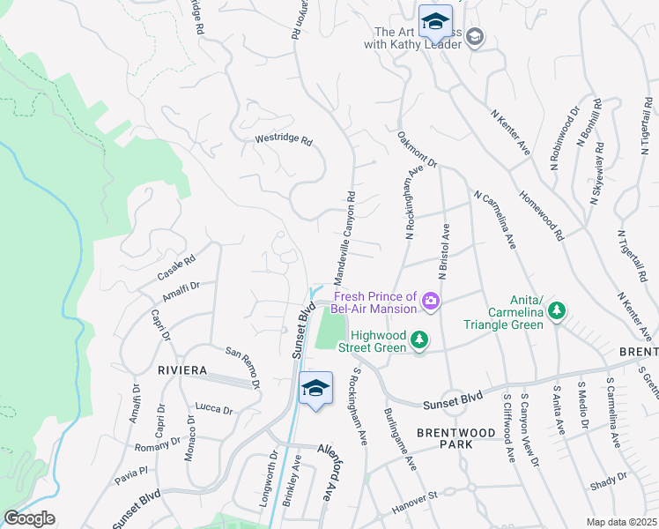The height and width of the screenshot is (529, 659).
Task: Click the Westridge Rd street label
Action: tap(283, 140)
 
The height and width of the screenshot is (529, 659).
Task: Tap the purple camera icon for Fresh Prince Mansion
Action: tap(430, 302)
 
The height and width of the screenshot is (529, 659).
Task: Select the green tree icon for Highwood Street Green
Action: tap(420, 339)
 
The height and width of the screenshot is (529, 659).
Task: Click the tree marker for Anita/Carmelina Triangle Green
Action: tap(556, 310)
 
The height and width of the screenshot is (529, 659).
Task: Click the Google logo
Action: tap(29, 518)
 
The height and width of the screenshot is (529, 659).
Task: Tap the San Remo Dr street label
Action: tap(244, 367)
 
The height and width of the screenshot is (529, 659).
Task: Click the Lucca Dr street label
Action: tap(214, 409)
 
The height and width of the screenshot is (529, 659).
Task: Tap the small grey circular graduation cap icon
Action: tap(476, 35)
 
